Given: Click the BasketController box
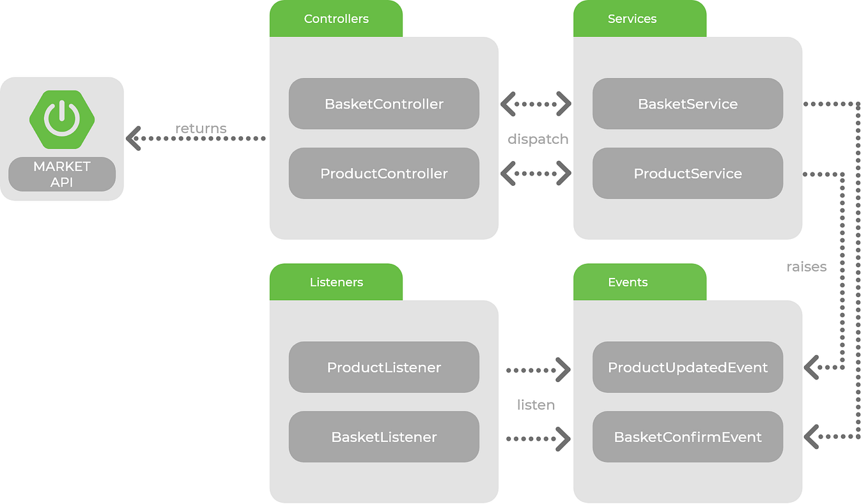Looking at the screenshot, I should (384, 104).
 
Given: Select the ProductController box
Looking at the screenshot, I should (384, 174).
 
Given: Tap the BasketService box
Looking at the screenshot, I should (687, 104).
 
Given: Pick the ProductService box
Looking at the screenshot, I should (687, 174).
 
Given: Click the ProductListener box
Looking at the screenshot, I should (384, 367).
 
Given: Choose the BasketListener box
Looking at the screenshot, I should (384, 437).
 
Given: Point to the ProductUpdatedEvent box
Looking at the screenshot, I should (687, 367).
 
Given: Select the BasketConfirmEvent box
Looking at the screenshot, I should (687, 437).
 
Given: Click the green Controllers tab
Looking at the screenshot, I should (336, 19).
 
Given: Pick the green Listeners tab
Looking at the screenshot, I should (336, 282).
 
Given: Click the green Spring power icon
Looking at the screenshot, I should (62, 119).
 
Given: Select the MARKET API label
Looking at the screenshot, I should (62, 174).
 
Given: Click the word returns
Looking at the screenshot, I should (201, 128).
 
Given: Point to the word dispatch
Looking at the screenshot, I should (538, 139).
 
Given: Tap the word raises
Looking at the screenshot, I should (806, 267).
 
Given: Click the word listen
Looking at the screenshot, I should (536, 405).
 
